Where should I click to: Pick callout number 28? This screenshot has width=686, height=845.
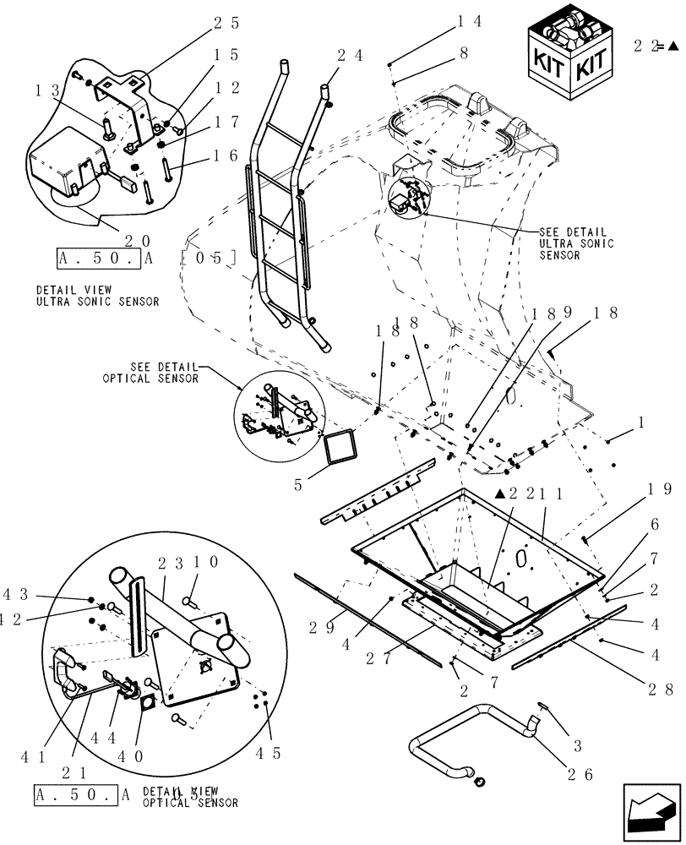pos(661,690)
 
